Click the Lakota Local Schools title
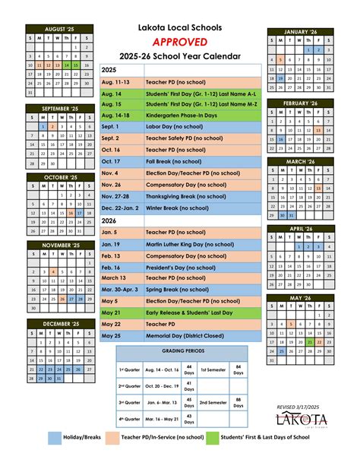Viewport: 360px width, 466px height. pos(180,27)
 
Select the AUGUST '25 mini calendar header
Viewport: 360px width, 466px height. pos(61,30)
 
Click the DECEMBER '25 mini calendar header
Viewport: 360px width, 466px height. pos(61,323)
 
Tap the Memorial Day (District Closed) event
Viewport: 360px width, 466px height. pos(175,335)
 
